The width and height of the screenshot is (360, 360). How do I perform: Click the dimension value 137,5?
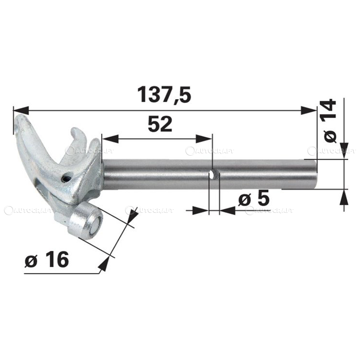[x=164, y=95]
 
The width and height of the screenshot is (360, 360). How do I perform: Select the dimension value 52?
[x=160, y=124]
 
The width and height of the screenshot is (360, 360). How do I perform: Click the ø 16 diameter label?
[x=47, y=260]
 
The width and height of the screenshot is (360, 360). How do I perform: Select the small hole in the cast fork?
[x=67, y=178]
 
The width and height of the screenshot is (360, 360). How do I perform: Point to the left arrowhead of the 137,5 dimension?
[x=21, y=110]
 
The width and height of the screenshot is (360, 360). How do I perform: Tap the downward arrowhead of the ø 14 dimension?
[x=344, y=150]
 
